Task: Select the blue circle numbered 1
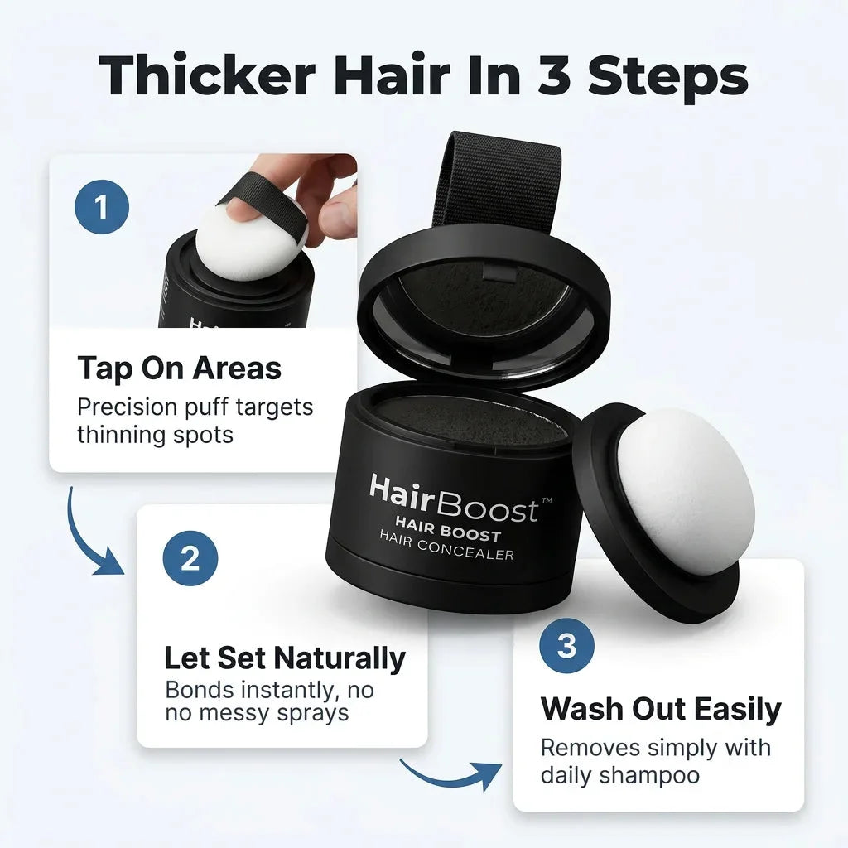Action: tap(102, 206)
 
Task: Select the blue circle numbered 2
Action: tap(190, 558)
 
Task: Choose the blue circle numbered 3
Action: tap(566, 645)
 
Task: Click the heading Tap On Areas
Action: tap(180, 369)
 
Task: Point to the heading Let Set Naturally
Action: tap(285, 658)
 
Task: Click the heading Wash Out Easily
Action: tap(661, 709)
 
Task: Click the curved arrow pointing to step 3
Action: tap(449, 778)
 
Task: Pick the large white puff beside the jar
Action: tap(685, 490)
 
